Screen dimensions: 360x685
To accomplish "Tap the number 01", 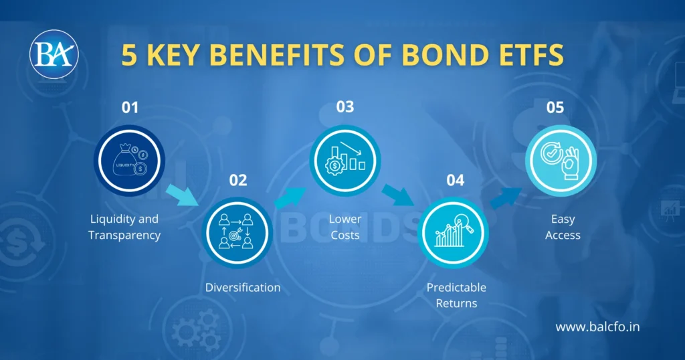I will coord(130,107).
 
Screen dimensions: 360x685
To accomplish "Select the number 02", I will coord(237,179).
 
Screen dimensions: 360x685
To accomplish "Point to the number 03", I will coord(345,107).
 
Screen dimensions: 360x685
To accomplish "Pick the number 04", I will coord(455,179).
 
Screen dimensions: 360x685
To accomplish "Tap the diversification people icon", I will coord(237,234).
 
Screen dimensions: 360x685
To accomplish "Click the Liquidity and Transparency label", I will coord(124,227).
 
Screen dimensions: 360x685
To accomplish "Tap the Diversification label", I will coord(243,288).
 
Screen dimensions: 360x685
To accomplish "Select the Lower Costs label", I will coord(345,227).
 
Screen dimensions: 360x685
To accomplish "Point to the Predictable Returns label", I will coord(456,295).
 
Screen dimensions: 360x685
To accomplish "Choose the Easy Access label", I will coord(563,227).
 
